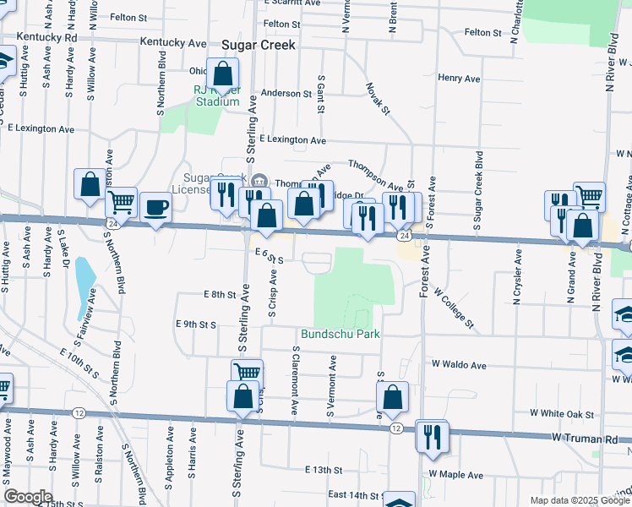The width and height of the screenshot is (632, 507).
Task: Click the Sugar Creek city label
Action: (259, 46)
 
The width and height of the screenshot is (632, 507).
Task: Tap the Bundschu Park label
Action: (341, 335)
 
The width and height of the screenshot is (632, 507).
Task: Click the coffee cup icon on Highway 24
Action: (155, 208)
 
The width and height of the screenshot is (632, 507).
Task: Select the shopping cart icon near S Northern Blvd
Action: (122, 202)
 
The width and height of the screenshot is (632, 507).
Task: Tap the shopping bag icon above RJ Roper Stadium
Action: (223, 74)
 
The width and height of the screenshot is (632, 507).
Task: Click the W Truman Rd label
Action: (592, 439)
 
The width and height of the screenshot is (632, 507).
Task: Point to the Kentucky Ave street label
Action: (174, 42)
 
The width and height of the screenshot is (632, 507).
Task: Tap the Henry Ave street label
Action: (460, 79)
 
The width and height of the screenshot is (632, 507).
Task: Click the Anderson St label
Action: (286, 93)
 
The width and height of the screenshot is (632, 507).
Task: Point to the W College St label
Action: (455, 308)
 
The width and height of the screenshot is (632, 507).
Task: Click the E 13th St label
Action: (324, 469)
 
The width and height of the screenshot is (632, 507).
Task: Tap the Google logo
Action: (29, 496)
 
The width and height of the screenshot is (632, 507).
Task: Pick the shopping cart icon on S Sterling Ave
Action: (247, 373)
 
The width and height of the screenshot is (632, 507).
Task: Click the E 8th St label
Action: (219, 294)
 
